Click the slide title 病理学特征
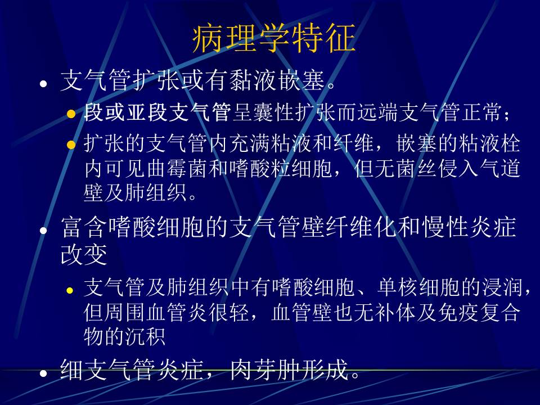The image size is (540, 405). coord(274,38)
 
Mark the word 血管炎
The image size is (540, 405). coord(179,312)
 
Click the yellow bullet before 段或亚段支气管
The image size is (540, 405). coord(71,114)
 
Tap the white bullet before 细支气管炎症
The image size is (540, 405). coord(43,373)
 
